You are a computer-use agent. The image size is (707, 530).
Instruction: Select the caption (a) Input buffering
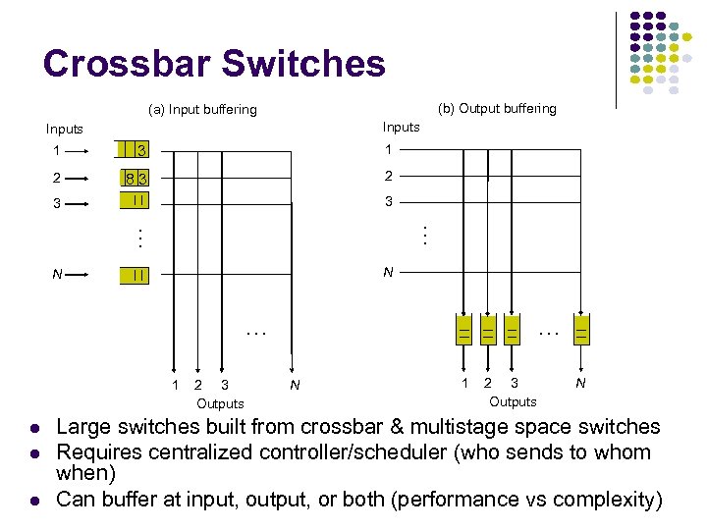[201, 109]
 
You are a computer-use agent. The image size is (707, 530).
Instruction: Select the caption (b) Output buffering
[497, 108]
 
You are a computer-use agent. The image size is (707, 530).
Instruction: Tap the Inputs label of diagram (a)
[65, 129]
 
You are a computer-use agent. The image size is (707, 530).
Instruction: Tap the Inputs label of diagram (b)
[401, 127]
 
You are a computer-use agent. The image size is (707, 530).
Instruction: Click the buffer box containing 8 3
[136, 179]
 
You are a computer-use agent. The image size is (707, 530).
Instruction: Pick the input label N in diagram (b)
[388, 272]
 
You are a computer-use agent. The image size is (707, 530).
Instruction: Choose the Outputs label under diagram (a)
[220, 403]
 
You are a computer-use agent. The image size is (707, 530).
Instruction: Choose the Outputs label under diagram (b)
[513, 401]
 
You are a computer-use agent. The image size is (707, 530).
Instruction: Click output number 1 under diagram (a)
[175, 385]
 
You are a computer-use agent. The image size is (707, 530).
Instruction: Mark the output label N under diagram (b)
[580, 383]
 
